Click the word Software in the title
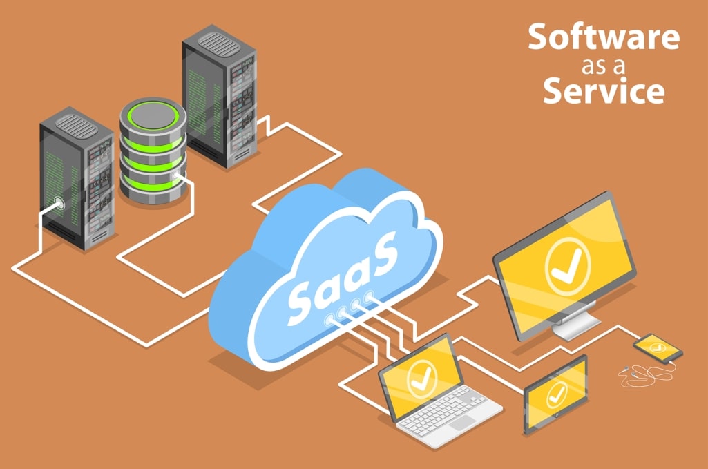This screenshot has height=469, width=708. [x=604, y=38]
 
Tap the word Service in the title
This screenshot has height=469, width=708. [x=604, y=91]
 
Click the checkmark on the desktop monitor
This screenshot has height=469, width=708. [x=564, y=267]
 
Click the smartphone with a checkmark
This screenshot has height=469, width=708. [x=658, y=347]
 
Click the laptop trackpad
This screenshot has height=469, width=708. [x=461, y=422]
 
